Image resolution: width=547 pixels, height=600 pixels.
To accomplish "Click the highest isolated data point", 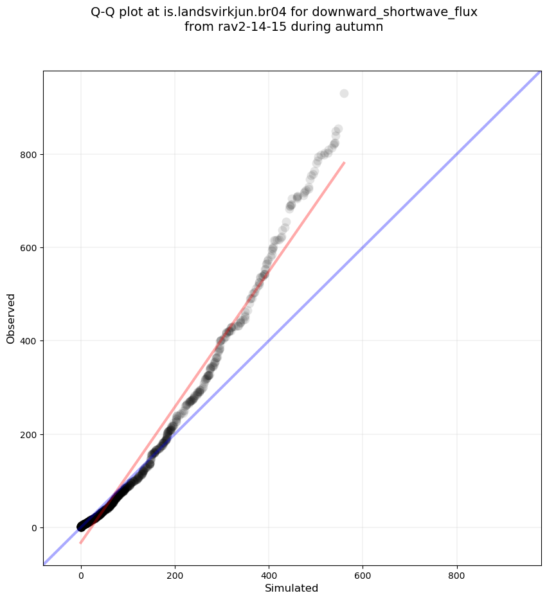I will click(x=344, y=94).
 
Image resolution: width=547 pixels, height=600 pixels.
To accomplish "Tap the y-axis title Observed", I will click(x=11, y=318).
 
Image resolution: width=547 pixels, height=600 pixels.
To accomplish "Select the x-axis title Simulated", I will click(x=292, y=588).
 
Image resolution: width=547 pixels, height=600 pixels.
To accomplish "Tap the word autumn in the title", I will click(x=362, y=27).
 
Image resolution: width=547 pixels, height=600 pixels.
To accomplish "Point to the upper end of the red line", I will click(x=345, y=163).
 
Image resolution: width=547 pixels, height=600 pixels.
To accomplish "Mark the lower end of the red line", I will click(x=80, y=543).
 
